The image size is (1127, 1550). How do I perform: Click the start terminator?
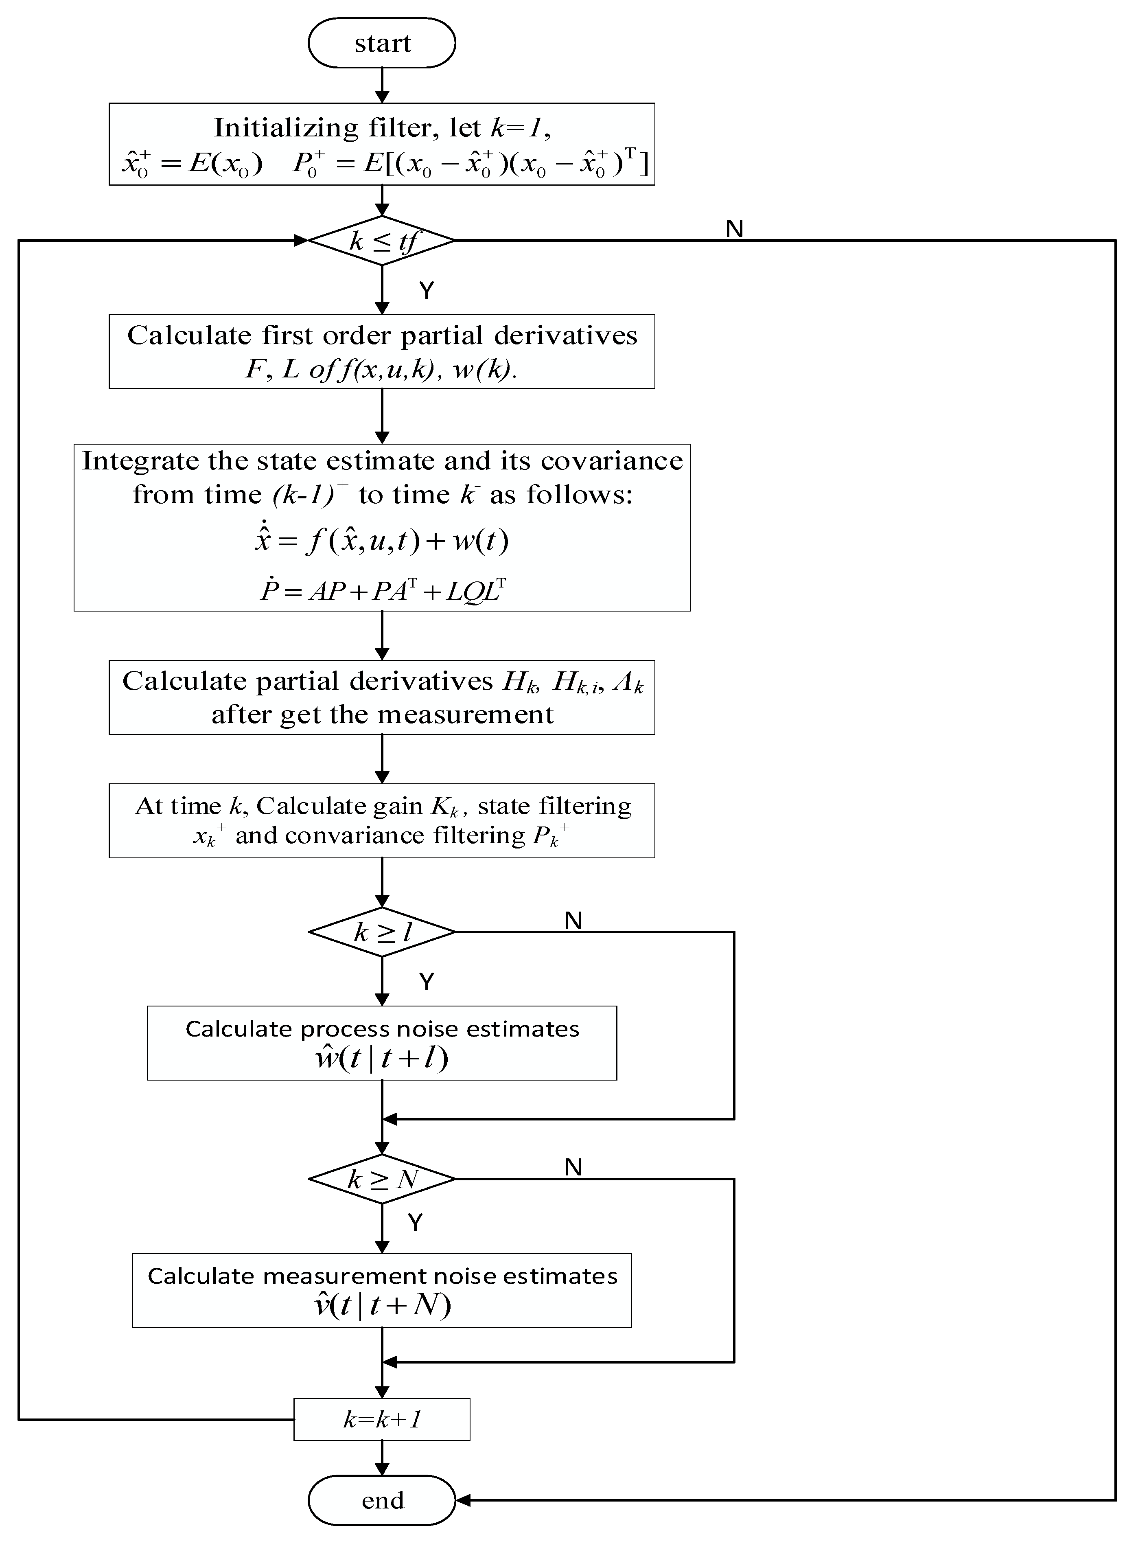pyautogui.click(x=382, y=43)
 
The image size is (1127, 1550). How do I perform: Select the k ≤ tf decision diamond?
pyautogui.click(x=382, y=241)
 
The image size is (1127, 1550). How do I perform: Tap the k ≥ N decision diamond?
pyautogui.click(x=382, y=1179)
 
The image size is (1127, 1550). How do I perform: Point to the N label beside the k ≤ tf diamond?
pyautogui.click(x=734, y=229)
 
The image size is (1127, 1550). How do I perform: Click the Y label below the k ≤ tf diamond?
pyautogui.click(x=426, y=290)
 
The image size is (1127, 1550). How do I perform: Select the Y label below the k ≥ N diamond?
pyautogui.click(x=415, y=1222)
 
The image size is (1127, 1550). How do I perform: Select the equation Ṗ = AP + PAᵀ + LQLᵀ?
pyautogui.click(x=383, y=589)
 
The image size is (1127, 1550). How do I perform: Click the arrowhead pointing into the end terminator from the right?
pyautogui.click(x=462, y=1501)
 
